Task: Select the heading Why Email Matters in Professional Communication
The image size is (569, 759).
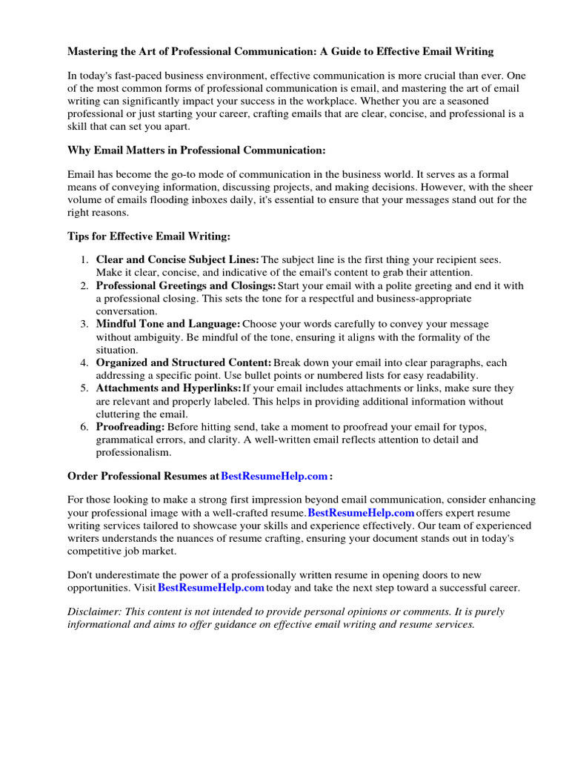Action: coord(196,150)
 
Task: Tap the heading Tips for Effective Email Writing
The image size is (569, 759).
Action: coord(149,236)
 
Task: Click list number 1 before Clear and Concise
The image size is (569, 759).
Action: coord(84,259)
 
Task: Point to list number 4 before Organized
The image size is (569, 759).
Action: coord(84,362)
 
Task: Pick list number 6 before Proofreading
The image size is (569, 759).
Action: coord(84,427)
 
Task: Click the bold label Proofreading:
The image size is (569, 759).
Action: coord(130,427)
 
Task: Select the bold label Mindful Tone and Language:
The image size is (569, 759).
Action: coord(168,324)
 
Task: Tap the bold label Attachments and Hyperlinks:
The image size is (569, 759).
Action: coord(169,388)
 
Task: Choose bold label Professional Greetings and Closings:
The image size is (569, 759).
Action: coord(186,285)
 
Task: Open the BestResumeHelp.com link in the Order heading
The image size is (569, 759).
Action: coord(274,476)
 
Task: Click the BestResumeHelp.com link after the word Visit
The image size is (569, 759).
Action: coord(211,588)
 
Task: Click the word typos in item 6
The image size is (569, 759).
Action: coord(471,427)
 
